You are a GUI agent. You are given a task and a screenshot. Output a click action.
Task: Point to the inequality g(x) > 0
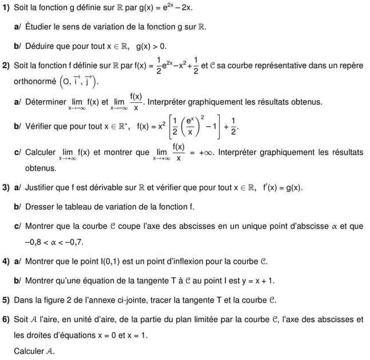pos(150,45)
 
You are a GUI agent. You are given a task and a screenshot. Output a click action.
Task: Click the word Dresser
pos(40,206)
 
